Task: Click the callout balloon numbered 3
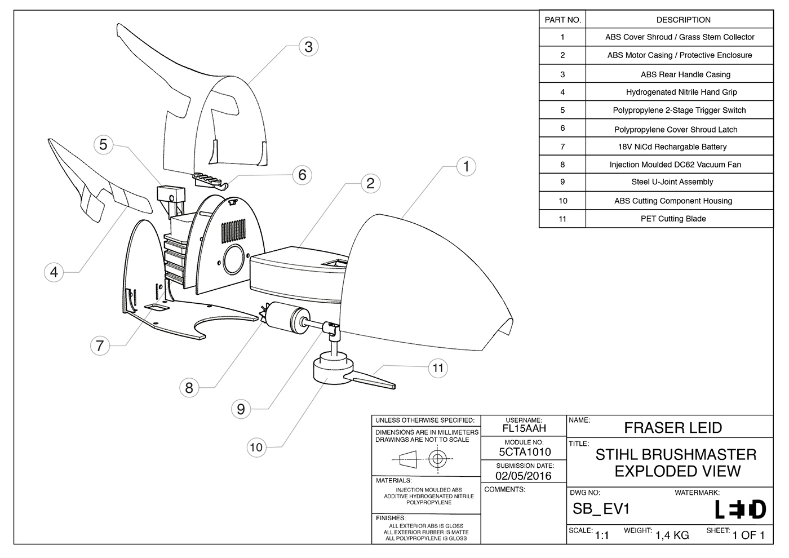pos(308,46)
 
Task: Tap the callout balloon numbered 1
pos(466,166)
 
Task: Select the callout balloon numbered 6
pos(302,175)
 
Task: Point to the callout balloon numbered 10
pos(256,447)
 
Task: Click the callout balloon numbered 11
pos(438,368)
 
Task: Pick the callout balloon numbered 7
pos(100,345)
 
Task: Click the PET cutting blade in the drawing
pos(372,378)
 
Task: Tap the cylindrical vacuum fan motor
pos(287,317)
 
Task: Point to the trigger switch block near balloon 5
pos(169,193)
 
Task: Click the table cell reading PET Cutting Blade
pos(673,219)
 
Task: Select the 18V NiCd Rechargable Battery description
pos(672,147)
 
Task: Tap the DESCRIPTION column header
pos(683,20)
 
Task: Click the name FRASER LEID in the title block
pos(672,428)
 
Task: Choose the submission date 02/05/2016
pos(523,476)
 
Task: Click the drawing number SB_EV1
pos(601,509)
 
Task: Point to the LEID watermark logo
pos(740,510)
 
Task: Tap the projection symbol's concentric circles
pos(437,459)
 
